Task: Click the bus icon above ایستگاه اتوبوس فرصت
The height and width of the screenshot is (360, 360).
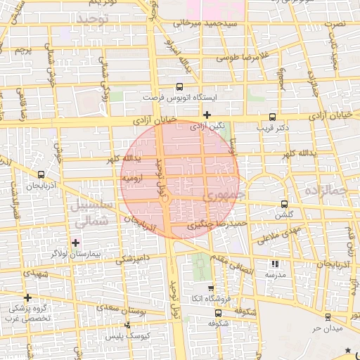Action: pyautogui.click(x=180, y=87)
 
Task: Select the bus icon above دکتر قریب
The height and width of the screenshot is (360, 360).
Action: pyautogui.click(x=273, y=117)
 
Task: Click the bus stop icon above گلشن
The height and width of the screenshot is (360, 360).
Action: pyautogui.click(x=283, y=204)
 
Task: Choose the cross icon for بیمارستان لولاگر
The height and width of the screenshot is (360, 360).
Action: pyautogui.click(x=76, y=243)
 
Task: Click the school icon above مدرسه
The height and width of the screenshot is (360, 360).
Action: pyautogui.click(x=274, y=264)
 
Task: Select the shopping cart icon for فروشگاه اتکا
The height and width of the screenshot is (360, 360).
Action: pyautogui.click(x=210, y=288)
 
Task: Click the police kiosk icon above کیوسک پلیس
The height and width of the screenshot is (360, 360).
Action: pyautogui.click(x=127, y=325)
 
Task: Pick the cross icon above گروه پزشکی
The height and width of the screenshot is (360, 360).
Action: pyautogui.click(x=27, y=297)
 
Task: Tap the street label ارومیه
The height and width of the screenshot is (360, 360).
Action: pyautogui.click(x=133, y=179)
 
